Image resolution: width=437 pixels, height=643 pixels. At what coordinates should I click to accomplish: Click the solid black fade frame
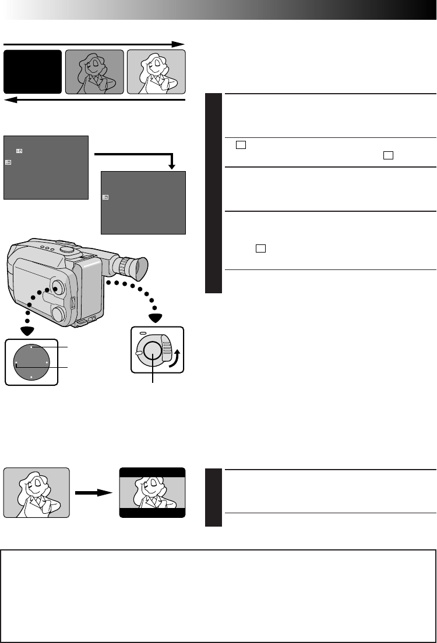coord(33,72)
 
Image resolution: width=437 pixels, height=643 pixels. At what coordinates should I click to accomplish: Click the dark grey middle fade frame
coord(94,72)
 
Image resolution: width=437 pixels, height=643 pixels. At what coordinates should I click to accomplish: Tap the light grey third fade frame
coord(156,72)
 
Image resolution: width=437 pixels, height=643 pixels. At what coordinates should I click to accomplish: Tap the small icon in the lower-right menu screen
coord(105,197)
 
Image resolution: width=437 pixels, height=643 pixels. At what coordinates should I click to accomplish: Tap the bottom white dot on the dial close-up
coord(31,378)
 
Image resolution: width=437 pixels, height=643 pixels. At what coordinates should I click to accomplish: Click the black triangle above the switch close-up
coord(155,318)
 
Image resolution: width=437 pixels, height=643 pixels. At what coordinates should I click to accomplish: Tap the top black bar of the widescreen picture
coord(152,472)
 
